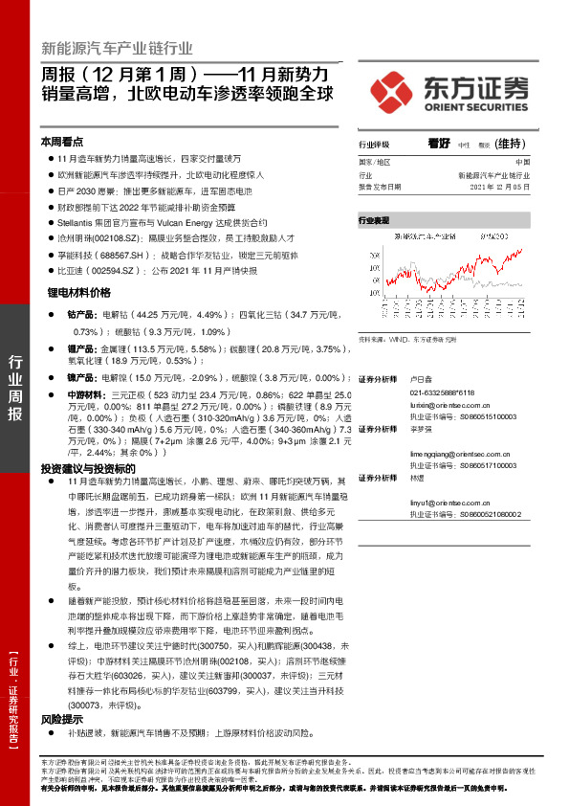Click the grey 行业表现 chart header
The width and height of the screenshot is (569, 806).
click(374, 221)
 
